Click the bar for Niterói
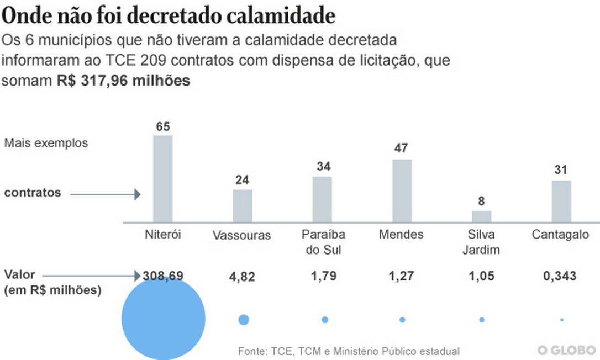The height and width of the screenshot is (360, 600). click(162, 178)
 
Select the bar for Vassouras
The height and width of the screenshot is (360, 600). click(243, 205)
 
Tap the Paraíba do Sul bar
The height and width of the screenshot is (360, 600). click(322, 199)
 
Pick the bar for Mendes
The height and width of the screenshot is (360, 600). click(402, 190)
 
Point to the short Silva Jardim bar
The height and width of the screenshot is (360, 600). click(482, 216)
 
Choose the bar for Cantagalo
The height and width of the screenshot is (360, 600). click(561, 201)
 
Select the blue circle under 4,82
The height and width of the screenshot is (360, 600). click(243, 320)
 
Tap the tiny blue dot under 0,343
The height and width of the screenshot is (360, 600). click(562, 320)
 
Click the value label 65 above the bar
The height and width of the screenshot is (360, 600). click(162, 127)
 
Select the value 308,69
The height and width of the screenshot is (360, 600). click(162, 276)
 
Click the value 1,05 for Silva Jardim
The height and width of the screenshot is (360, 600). click(482, 276)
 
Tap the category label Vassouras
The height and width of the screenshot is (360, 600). click(242, 236)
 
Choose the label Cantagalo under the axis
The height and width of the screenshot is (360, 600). click(560, 235)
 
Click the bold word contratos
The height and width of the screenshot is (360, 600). click(33, 193)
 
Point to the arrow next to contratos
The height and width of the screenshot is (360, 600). click(106, 194)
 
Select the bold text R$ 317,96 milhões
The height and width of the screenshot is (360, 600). click(124, 81)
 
